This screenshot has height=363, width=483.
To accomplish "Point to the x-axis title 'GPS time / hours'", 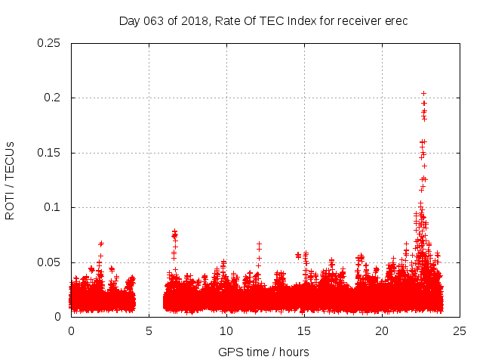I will [x=263, y=352].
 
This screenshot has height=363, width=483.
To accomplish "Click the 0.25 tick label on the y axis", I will [x=50, y=43].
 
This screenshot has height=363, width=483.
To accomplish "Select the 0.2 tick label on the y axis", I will [x=53, y=98].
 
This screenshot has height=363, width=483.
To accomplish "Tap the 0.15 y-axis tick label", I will [x=50, y=153].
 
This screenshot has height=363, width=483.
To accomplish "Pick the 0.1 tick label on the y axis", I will [x=53, y=207].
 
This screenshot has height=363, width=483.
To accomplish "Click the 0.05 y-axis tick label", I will [x=50, y=262].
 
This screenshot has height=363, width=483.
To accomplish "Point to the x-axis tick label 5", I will [x=149, y=331].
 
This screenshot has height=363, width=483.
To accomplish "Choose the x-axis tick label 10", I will [x=226, y=331].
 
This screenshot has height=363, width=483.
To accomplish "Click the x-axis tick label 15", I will [x=304, y=331].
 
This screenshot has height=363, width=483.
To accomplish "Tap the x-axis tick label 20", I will [x=382, y=331].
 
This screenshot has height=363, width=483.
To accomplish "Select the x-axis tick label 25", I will [x=460, y=331].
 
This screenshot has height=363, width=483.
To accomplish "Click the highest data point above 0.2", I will [x=423, y=94].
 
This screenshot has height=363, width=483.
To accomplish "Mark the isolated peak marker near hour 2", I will [x=101, y=244].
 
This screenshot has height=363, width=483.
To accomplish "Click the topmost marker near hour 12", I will [x=259, y=244].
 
